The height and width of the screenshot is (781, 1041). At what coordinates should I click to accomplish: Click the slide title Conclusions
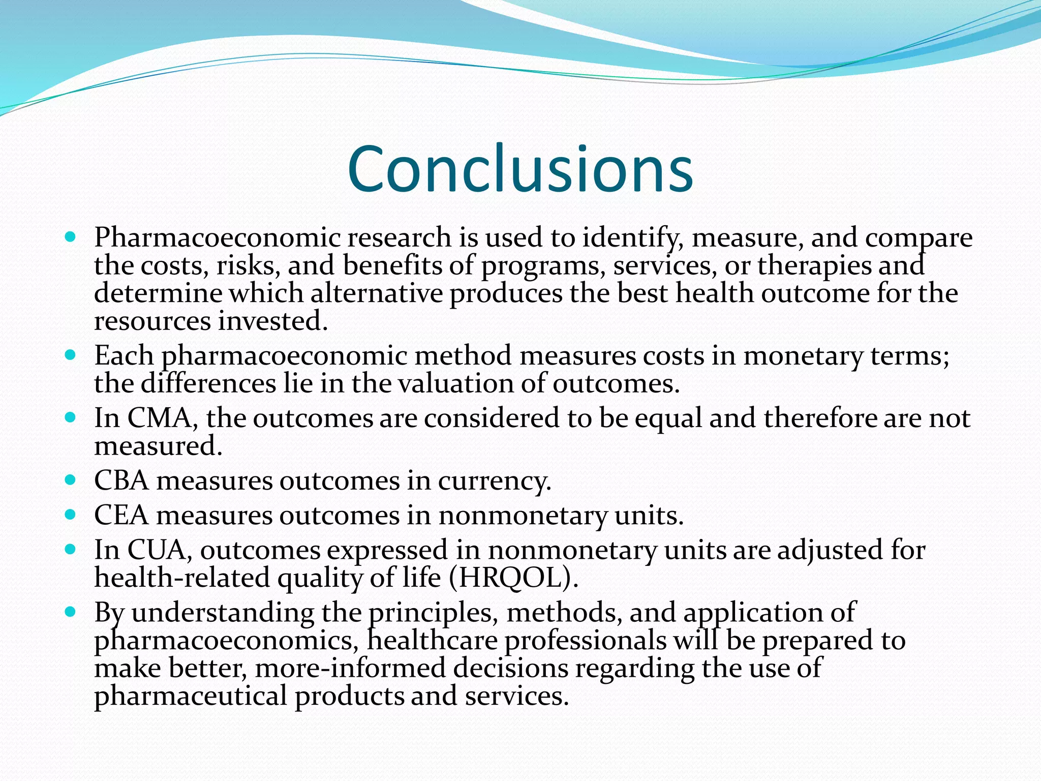[520, 169]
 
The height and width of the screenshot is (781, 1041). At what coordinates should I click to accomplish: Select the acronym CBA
[121, 481]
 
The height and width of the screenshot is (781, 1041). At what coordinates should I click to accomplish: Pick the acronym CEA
[121, 516]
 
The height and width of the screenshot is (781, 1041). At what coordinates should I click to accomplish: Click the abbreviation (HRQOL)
[514, 578]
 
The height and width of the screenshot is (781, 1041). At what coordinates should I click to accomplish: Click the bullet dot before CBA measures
[71, 479]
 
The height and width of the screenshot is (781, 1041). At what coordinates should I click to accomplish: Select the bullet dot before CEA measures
[71, 514]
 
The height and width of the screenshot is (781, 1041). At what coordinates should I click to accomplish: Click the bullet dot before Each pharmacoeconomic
[71, 354]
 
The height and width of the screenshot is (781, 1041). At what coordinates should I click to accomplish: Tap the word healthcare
[432, 641]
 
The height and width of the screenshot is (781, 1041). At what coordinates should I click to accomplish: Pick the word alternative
[377, 294]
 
